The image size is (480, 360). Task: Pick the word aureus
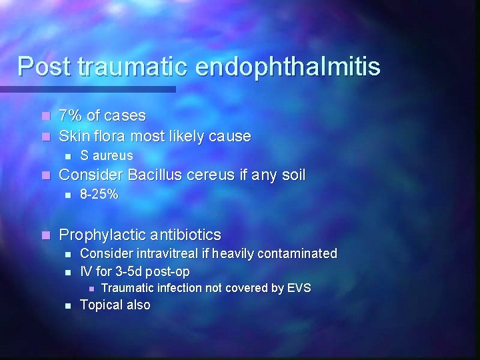coord(113,156)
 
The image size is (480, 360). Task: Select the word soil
coord(291,176)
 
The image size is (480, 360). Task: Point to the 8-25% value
coord(99,195)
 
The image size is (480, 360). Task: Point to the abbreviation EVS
coord(298,288)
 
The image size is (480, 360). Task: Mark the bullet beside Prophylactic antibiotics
coord(45,235)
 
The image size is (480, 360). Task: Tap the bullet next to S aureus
coord(67,157)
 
